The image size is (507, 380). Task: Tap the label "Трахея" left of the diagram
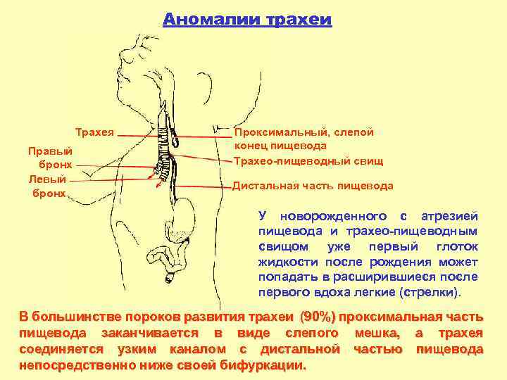click(94, 132)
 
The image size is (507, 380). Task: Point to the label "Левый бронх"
click(48, 185)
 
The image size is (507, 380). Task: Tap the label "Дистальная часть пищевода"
click(313, 186)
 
